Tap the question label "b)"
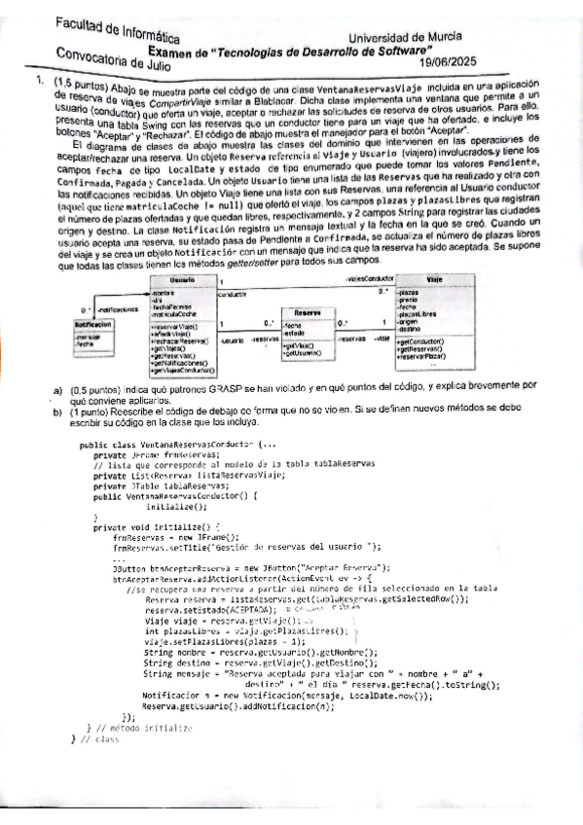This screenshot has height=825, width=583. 59,412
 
